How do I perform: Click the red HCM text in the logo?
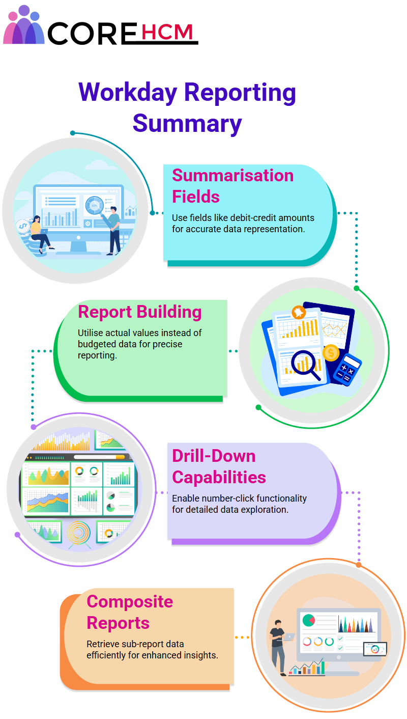[167, 32]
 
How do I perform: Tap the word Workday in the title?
[128, 93]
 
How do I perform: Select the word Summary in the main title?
[187, 124]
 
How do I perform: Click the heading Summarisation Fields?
[232, 186]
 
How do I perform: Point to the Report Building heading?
[140, 312]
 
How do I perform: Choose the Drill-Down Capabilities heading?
[219, 466]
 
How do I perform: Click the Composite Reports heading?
[130, 612]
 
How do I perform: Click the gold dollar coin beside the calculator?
[331, 353]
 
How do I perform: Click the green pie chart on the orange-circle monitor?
[308, 620]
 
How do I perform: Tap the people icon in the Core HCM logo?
[23, 25]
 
